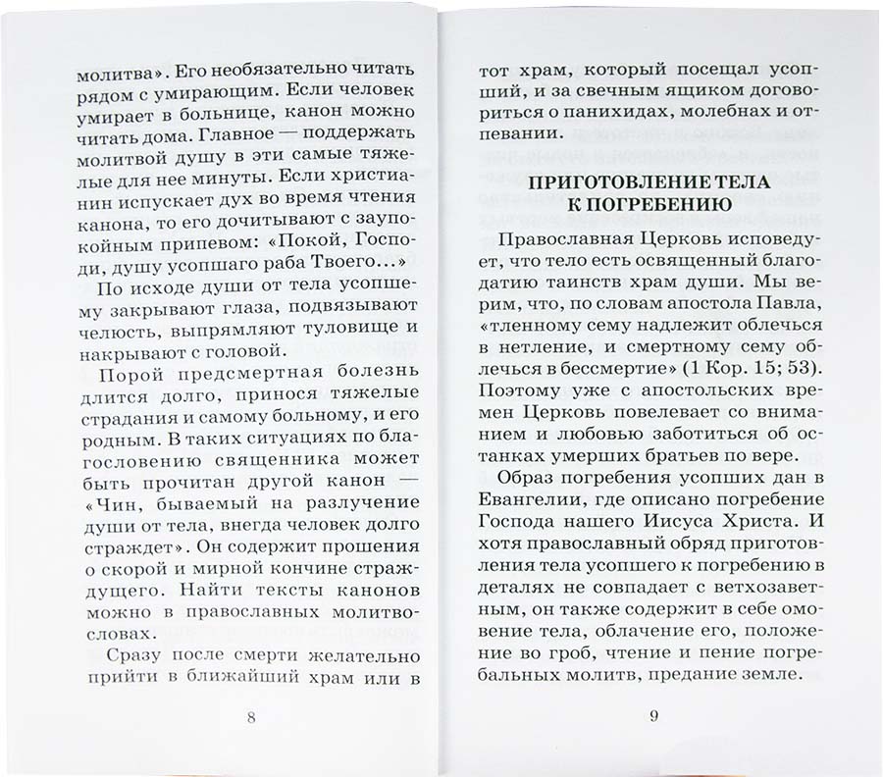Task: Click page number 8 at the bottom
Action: tap(251, 715)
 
